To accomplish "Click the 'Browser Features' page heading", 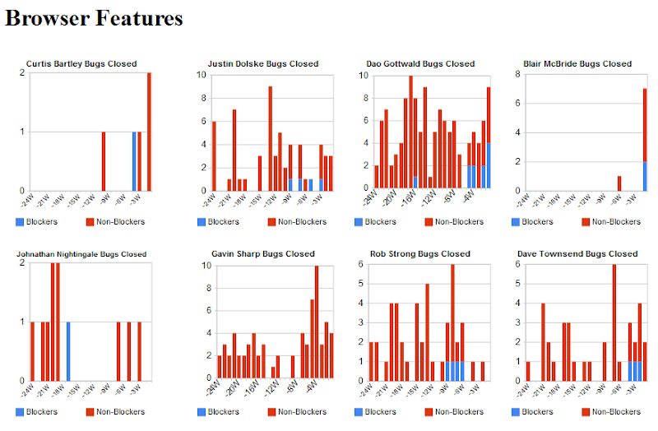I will tap(95, 17).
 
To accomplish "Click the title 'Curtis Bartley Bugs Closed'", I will tap(81, 63).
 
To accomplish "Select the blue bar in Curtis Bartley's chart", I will tap(134, 160).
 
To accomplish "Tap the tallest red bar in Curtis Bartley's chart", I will tap(149, 132).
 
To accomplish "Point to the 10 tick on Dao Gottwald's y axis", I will tap(362, 75).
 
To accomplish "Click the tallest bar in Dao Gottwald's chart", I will tap(410, 132).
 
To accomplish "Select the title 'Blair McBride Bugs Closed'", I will tap(577, 63).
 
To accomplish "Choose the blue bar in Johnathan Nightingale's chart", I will tap(68, 351).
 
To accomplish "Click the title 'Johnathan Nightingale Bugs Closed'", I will tap(81, 254).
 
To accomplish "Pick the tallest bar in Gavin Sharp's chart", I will tap(317, 322).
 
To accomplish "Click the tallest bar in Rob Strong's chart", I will tap(452, 322).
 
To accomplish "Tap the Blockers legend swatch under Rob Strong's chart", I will tap(359, 411).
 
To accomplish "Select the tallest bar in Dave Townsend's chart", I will tap(614, 322).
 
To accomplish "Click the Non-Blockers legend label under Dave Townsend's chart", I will tap(616, 411).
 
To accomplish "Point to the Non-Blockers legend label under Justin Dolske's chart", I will tap(300, 221).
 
